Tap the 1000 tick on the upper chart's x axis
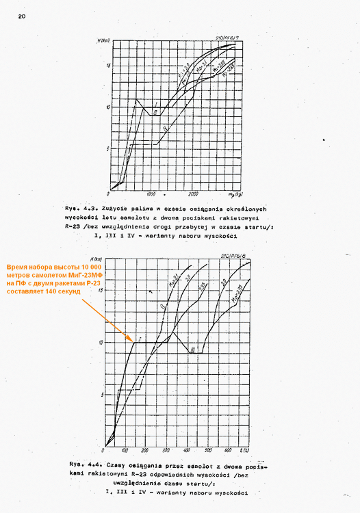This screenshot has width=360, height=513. point(152,194)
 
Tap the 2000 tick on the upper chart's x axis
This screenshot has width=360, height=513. point(195,194)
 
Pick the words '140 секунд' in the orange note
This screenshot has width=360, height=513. point(59,291)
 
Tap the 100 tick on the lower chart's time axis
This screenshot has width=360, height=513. point(125,451)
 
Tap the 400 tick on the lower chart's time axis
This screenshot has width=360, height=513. point(188,451)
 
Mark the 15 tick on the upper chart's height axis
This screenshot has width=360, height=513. point(107,66)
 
